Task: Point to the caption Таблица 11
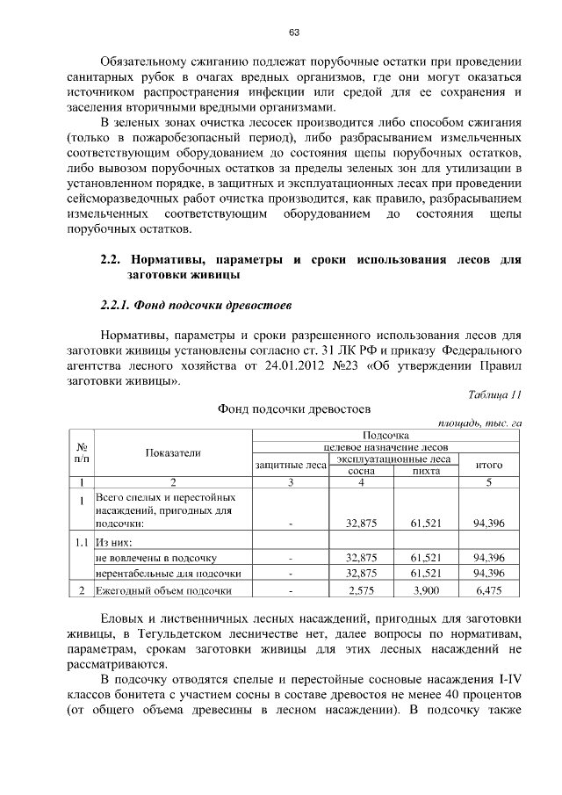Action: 496,395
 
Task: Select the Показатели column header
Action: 173,452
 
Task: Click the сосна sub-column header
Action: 361,470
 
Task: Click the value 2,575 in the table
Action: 361,590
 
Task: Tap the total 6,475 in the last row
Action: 488,590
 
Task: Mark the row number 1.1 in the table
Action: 81,541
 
